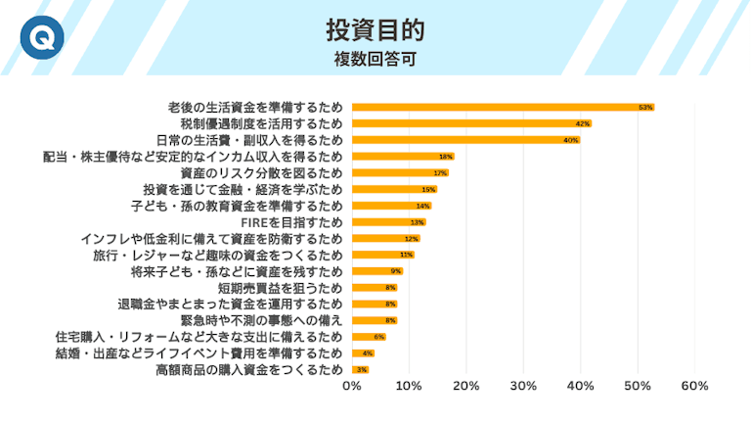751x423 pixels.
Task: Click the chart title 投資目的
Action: tap(375, 27)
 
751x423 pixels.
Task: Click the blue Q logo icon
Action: tap(40, 38)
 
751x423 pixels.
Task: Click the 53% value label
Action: tap(645, 107)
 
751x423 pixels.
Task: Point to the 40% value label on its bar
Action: tap(571, 140)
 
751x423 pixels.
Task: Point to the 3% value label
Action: tap(362, 370)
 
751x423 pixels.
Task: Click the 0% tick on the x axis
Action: tap(352, 386)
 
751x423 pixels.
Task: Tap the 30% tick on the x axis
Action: tap(523, 386)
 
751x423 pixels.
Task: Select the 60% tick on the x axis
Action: tap(694, 386)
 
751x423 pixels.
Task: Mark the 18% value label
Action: tap(446, 157)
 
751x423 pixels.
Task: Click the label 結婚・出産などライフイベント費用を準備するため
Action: tap(200, 353)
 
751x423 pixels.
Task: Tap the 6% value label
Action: tap(378, 337)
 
